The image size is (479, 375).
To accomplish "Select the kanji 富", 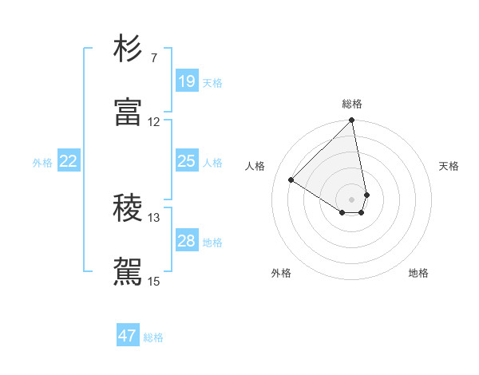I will coord(128,112).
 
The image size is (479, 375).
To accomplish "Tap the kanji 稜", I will coord(128,209).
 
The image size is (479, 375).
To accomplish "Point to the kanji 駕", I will coord(128,271).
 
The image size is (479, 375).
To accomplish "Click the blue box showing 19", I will coord(186,81).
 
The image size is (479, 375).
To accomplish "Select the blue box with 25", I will coord(186,161).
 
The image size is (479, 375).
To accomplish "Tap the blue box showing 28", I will coord(186,241).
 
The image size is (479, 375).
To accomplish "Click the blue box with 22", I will coord(69,161).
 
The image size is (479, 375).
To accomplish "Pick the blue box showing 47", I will coord(128,336).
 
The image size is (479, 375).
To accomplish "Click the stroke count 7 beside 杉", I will coord(153,58).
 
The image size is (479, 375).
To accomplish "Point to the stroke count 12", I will coord(153,122).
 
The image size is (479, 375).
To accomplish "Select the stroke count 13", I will coord(153,218).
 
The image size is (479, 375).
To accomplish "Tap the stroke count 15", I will coord(153,281).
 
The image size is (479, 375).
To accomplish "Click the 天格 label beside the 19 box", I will coord(212,82).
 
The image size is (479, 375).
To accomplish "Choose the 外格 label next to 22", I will coord(42,162).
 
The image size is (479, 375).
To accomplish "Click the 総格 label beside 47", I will coord(153,337).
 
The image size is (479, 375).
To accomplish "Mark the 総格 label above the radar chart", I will coord(352,104).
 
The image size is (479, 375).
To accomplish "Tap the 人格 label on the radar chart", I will coord(255,165).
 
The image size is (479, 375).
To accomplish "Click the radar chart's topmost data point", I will coord(352,121).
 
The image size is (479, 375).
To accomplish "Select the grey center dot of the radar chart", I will coord(352,199).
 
